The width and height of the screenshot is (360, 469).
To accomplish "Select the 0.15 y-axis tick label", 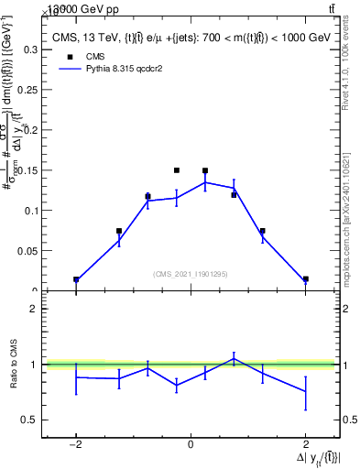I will coord(28,169).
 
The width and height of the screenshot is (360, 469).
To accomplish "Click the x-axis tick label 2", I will coord(305,444).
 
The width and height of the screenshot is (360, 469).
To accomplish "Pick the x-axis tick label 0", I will coord(191,444).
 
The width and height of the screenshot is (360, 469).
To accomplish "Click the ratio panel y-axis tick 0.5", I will coord(30,420).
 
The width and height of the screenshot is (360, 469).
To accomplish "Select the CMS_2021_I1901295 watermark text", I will coord(191,274).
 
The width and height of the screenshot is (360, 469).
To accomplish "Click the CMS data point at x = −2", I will coord(76,279).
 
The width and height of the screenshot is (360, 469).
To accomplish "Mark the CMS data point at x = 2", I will coord(305,278).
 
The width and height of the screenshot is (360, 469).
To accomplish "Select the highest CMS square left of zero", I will coord(176,170).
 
